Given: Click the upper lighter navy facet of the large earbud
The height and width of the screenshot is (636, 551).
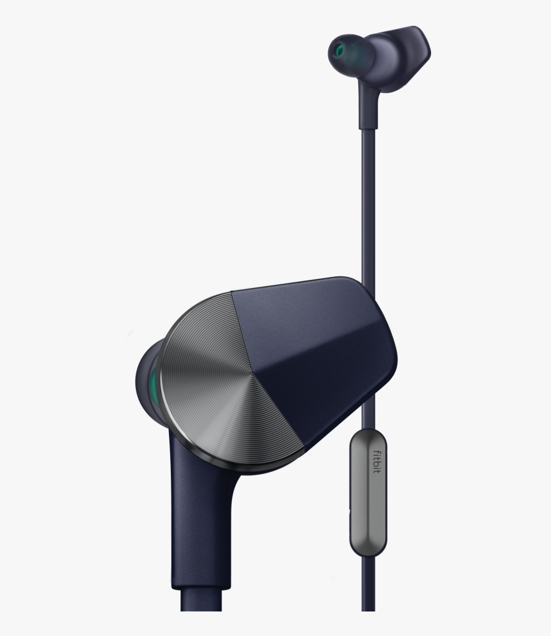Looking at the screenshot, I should pyautogui.click(x=306, y=312).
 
